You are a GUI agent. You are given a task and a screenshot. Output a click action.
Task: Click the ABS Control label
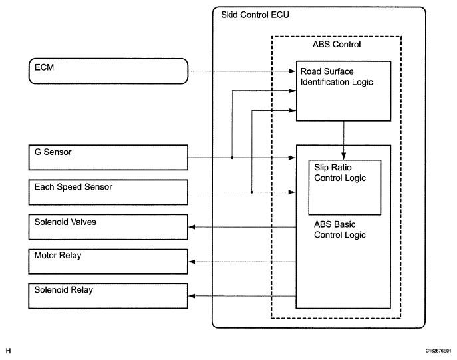tap(336, 45)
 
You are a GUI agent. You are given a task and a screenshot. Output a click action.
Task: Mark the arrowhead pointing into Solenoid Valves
tap(193, 228)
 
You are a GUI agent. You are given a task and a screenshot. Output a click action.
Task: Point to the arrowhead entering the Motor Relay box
tap(193, 262)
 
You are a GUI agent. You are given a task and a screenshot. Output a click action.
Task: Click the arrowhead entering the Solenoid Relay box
tap(193, 296)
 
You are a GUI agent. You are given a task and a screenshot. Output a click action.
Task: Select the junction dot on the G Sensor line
tap(231, 158)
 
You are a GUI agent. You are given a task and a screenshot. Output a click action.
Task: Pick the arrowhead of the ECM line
tap(293, 70)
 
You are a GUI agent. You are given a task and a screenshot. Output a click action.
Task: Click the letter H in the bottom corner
tap(9, 349)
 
